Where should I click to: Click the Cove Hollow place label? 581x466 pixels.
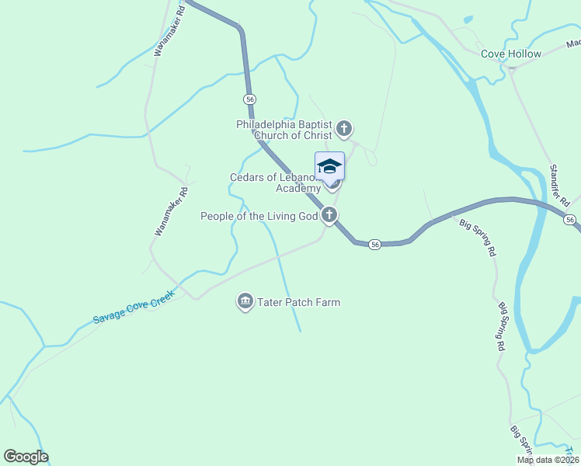[510, 54]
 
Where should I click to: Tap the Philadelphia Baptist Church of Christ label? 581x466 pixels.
[284, 130]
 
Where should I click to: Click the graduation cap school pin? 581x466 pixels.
[329, 166]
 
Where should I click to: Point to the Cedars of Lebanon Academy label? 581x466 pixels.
[275, 183]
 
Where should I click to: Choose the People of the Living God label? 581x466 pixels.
[259, 216]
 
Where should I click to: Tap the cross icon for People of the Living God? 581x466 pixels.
[329, 216]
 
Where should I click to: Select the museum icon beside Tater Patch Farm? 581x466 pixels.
[245, 301]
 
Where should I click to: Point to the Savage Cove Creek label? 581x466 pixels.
[131, 308]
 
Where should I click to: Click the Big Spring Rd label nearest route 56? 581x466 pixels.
[478, 238]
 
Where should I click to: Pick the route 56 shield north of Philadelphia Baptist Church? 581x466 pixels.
[249, 99]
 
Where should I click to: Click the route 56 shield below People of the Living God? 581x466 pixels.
[374, 244]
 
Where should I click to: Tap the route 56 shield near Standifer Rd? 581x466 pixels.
[570, 221]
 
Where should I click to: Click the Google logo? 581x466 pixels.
[26, 457]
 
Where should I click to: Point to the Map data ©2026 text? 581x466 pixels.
[546, 460]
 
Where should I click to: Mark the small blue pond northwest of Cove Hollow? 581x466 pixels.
[467, 19]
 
